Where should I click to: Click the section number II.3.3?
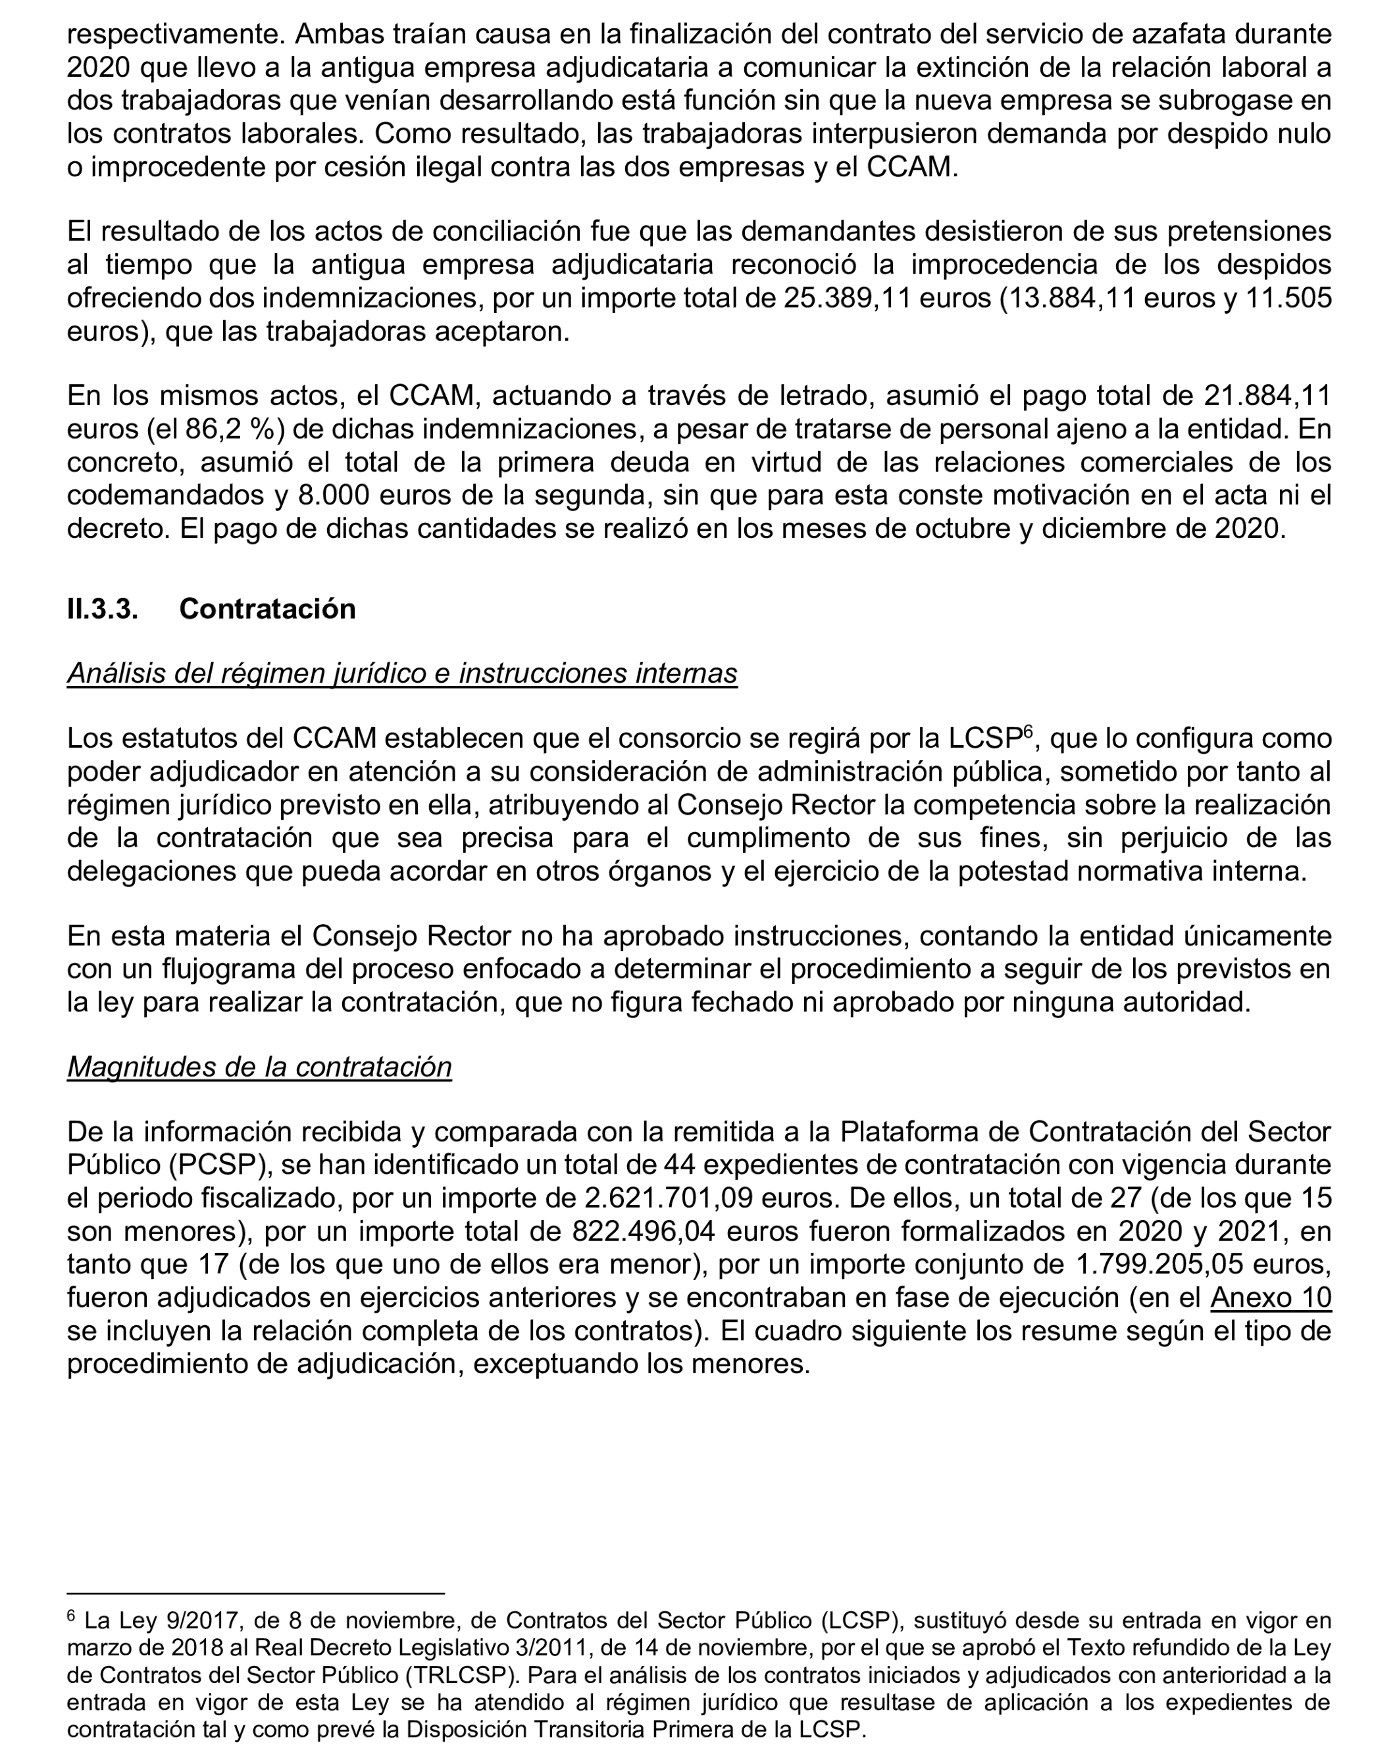click(x=102, y=608)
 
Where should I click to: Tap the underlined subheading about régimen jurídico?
click(x=401, y=673)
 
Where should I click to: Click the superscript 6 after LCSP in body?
click(x=1028, y=731)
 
